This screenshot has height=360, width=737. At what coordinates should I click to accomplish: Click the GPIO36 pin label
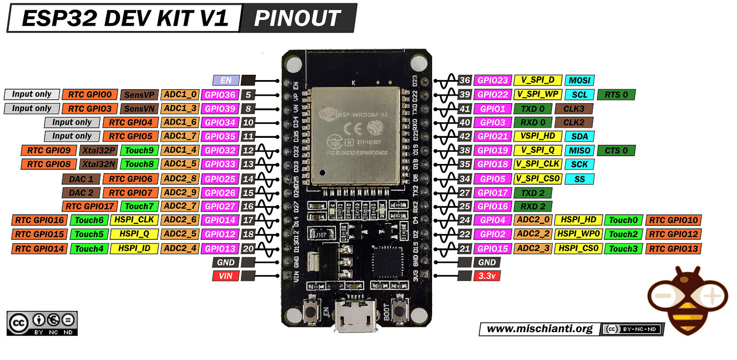219,95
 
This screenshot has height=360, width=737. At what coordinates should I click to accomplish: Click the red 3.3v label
487,276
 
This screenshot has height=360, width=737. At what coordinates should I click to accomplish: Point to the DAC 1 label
81,178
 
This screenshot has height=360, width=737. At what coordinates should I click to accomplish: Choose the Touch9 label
139,150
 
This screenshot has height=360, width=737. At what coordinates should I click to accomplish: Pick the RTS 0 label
616,95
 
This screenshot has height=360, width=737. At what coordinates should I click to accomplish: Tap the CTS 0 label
616,150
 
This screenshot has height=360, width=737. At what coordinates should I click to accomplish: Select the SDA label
579,136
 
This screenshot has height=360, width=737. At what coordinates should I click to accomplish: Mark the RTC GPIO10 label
673,220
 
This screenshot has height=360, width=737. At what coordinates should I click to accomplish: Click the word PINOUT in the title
297,18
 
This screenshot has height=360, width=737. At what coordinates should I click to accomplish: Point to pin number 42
465,136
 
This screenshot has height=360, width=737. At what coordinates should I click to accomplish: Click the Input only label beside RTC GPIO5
72,136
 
